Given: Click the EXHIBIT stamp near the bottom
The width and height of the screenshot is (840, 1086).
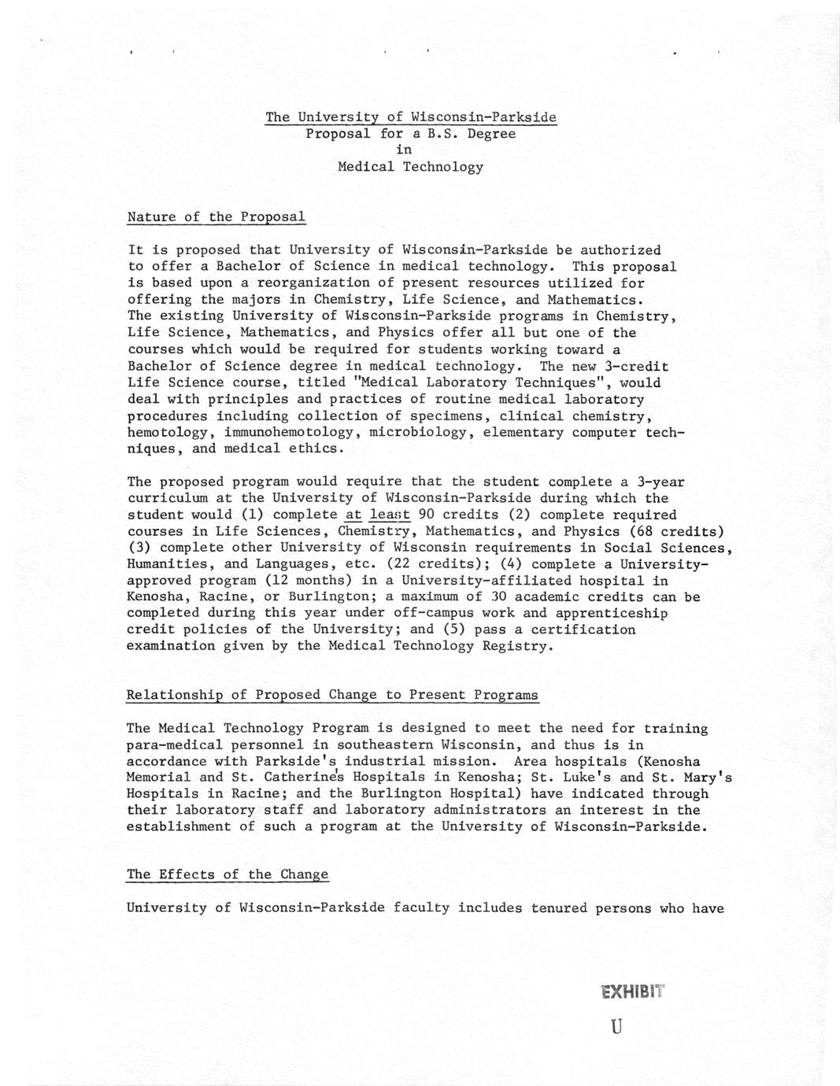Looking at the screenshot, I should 631,992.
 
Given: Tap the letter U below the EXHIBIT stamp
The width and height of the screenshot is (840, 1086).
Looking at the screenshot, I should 616,1027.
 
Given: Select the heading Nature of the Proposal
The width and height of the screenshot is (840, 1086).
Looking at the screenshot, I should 216,216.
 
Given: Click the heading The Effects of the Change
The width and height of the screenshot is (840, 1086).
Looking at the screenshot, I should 228,874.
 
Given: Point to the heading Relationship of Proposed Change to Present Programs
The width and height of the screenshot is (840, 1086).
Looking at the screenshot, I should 332,695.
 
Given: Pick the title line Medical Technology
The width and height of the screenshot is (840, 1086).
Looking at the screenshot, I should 410,167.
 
